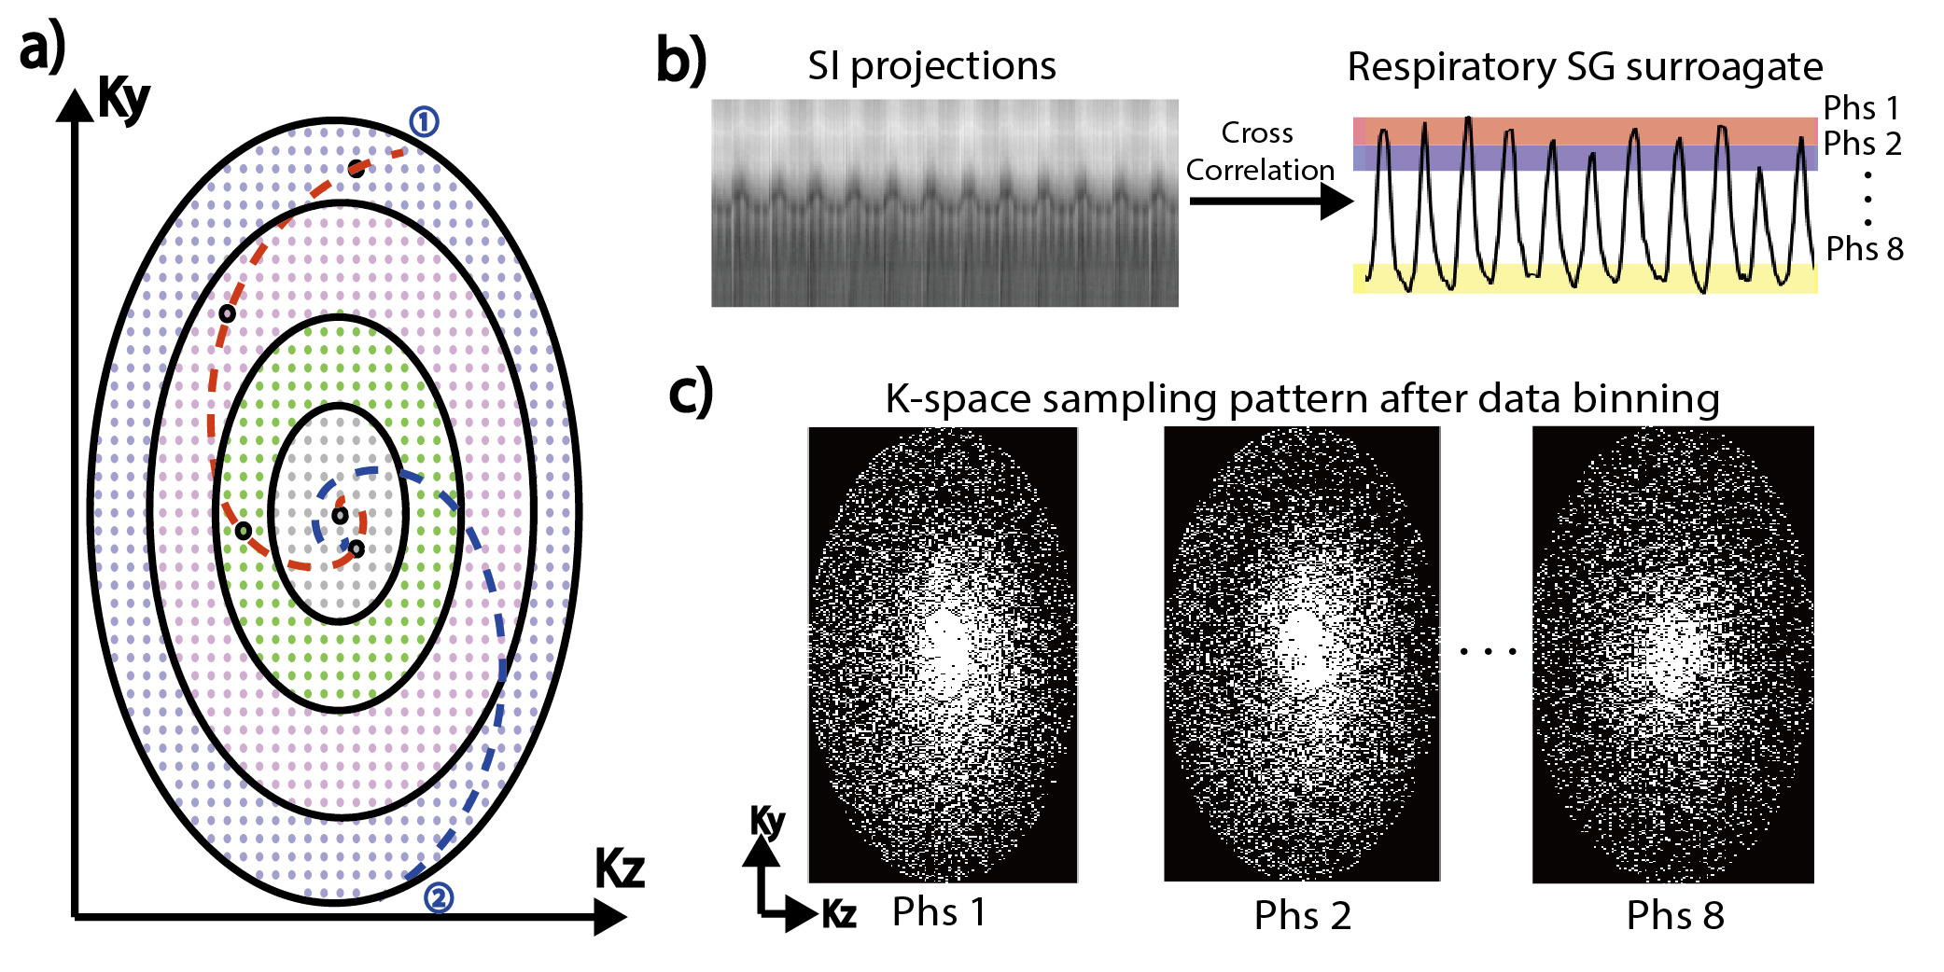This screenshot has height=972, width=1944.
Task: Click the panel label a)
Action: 43,49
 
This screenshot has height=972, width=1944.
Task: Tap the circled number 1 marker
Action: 424,121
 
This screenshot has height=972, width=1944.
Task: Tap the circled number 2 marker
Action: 439,898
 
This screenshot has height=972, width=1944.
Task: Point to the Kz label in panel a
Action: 620,869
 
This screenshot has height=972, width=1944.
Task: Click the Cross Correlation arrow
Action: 1269,201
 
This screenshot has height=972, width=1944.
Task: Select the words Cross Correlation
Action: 1259,151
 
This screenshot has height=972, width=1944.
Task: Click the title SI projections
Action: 931,65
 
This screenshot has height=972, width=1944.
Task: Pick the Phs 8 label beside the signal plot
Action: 1864,249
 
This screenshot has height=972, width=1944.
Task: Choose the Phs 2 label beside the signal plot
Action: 1862,144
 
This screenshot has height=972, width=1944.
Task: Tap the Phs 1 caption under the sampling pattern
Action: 938,912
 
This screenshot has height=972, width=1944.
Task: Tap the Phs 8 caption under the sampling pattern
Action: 1674,916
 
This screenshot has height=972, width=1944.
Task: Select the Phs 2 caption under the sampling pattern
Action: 1302,916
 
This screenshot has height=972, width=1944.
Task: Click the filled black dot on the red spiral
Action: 357,169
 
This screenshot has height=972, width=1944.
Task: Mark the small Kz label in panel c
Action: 839,914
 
